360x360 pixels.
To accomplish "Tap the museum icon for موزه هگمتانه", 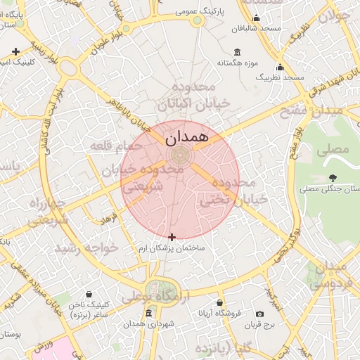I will click(x=236, y=52).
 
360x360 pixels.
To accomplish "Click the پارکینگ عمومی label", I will click(x=198, y=11).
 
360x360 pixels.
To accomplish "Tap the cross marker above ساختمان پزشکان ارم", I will click(x=172, y=237).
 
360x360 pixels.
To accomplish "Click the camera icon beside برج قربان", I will click(x=260, y=314).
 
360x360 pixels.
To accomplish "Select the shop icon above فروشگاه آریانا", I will click(x=219, y=301).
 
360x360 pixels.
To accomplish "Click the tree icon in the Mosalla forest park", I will click(x=333, y=178).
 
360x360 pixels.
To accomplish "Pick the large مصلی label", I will click(x=333, y=149).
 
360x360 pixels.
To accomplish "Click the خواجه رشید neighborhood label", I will click(x=88, y=249).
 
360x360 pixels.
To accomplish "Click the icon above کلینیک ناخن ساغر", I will click(x=89, y=295).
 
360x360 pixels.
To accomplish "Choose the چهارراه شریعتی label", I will click(x=47, y=212).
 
